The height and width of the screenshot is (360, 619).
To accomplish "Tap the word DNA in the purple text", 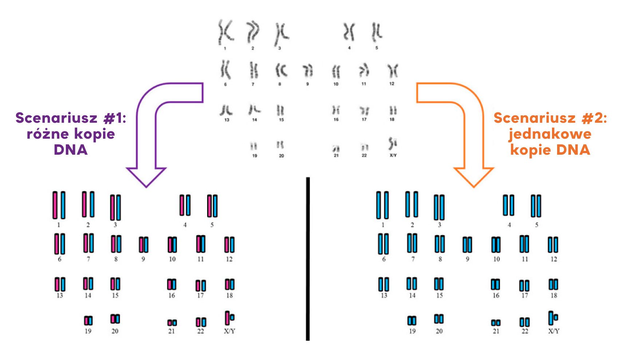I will pyautogui.click(x=71, y=150).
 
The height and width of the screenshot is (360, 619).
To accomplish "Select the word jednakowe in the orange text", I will pyautogui.click(x=550, y=134).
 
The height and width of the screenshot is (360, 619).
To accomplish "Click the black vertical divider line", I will pyautogui.click(x=308, y=258).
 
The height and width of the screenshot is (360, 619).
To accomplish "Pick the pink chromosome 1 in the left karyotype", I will pyautogui.click(x=55, y=205).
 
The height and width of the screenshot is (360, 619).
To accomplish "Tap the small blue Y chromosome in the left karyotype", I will pyautogui.click(x=232, y=317).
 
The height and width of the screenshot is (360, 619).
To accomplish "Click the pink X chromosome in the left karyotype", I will pyautogui.click(x=227, y=318).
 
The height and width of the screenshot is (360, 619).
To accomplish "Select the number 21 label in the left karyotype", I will pyautogui.click(x=171, y=331).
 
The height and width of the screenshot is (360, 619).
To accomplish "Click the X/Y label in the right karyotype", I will pyautogui.click(x=553, y=331).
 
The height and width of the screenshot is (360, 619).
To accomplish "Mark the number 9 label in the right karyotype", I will pyautogui.click(x=468, y=259).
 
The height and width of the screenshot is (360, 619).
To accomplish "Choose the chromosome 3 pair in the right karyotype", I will pyautogui.click(x=439, y=207).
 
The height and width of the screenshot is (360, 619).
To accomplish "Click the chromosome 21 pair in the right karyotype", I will pyautogui.click(x=496, y=323).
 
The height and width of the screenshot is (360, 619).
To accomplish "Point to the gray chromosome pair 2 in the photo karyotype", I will pyautogui.click(x=253, y=32).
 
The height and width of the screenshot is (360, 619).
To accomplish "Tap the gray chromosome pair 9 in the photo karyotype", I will pyautogui.click(x=308, y=71).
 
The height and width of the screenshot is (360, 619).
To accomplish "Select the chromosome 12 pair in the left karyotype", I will pyautogui.click(x=229, y=245).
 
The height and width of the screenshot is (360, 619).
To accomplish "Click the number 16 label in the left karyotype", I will pyautogui.click(x=171, y=296).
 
